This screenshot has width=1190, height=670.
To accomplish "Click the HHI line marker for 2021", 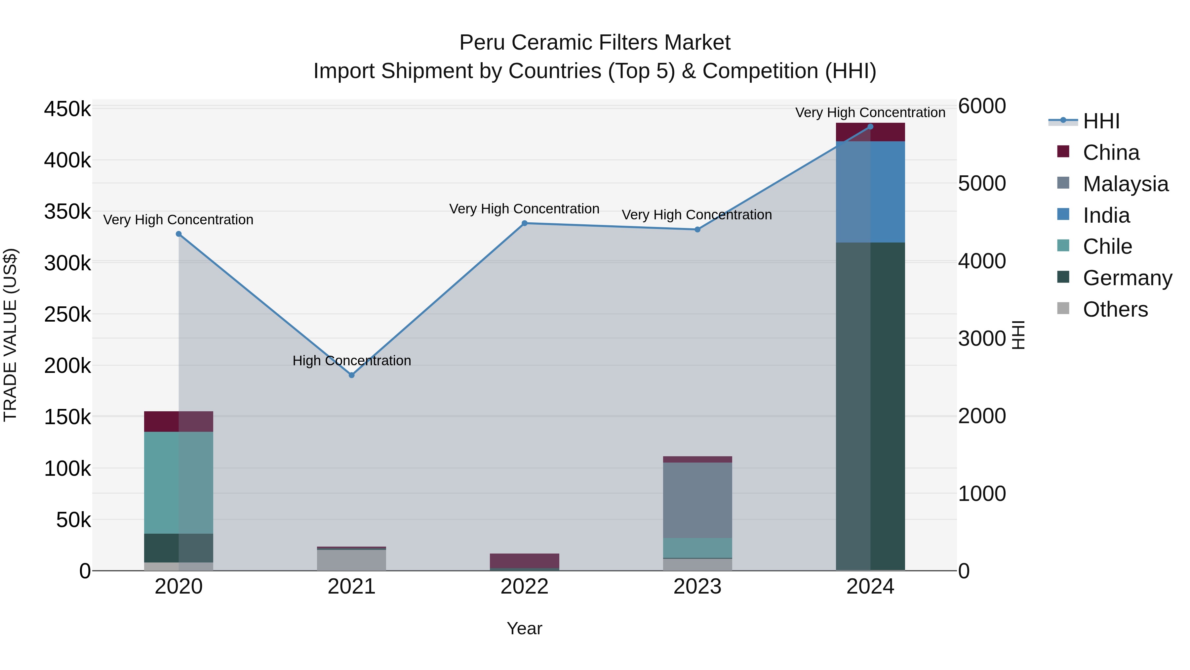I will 352,375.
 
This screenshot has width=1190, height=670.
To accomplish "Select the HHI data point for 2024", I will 870,126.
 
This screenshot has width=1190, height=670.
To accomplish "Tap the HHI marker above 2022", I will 524,223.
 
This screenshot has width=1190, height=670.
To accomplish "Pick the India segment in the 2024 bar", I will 870,192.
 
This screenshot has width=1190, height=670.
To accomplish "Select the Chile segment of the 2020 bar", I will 179,482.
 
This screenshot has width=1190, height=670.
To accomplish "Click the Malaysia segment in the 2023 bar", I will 697,500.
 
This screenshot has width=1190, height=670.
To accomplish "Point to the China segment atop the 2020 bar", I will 179,421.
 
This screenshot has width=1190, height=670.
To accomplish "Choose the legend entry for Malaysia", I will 1125,184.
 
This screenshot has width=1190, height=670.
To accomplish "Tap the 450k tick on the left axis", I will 67,110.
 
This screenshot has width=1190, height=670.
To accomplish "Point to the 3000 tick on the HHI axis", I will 982,338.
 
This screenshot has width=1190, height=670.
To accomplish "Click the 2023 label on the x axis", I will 697,587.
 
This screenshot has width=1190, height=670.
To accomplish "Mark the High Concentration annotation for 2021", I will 352,360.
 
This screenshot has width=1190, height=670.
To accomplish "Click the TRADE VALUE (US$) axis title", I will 11,335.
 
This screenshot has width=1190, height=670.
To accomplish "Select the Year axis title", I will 524,628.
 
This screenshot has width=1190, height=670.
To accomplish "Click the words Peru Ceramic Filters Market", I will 595,43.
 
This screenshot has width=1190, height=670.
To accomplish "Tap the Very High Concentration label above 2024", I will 870,112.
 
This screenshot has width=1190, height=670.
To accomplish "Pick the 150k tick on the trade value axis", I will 67,417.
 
